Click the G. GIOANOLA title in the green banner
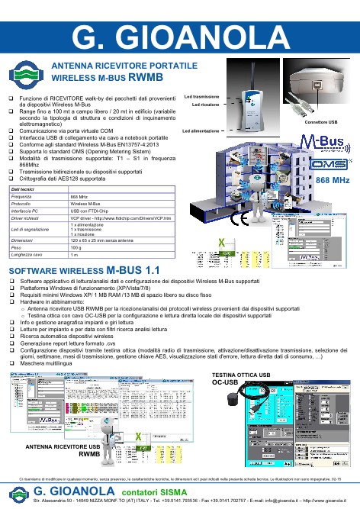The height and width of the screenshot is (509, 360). point(179,35)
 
